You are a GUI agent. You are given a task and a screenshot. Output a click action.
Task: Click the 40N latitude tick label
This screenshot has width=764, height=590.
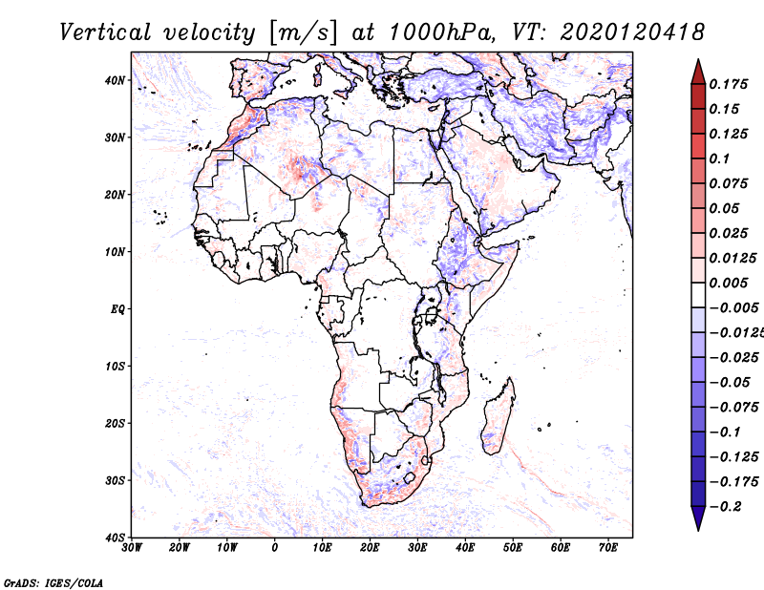114,80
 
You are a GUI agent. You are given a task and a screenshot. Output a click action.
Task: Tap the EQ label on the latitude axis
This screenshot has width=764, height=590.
117,309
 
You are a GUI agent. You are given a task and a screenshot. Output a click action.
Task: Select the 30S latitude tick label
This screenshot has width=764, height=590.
115,480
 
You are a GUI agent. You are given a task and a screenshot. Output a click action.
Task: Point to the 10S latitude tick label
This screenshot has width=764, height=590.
115,366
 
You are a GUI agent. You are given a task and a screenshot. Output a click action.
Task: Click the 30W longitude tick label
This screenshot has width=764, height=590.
132,548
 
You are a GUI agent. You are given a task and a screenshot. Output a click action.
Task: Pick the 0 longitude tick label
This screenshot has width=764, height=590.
275,548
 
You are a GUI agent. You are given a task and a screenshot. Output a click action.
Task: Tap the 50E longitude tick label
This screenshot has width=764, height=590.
513,548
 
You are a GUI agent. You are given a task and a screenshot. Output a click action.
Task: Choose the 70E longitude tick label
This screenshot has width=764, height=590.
608,548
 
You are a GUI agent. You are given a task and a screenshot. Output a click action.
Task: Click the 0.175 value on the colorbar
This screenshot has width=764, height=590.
728,84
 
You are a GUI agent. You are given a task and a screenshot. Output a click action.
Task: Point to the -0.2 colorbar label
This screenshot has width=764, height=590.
726,507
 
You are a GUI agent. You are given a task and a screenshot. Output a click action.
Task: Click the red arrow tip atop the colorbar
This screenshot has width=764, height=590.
698,60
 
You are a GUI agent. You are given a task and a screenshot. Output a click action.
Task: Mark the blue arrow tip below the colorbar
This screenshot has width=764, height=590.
698,530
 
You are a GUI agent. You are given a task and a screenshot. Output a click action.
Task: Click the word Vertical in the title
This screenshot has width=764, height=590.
105,32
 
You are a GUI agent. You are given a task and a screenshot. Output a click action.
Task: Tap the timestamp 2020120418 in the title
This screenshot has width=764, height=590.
632,32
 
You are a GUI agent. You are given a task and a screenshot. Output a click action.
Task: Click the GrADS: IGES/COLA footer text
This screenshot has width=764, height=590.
53,582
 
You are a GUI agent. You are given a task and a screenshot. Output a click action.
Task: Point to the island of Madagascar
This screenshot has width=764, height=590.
498,416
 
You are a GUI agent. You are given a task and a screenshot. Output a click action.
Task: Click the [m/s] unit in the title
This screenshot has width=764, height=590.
303,32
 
